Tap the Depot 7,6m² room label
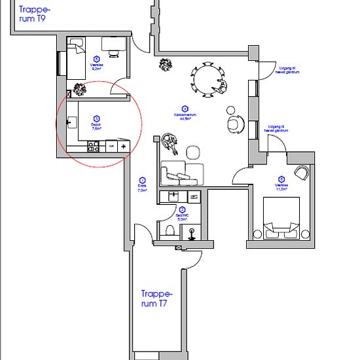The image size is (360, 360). point(96,125)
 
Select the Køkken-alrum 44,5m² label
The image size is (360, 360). point(185,113)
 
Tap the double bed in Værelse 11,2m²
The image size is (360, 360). point(281,217)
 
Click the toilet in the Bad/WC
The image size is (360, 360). point(170,230)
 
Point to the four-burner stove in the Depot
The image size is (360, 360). point(92,147)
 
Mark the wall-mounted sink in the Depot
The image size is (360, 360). point(72,122)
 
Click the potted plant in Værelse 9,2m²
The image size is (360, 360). point(80,90)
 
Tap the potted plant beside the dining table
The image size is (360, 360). point(166,64)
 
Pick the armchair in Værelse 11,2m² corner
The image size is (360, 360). point(302,173)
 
